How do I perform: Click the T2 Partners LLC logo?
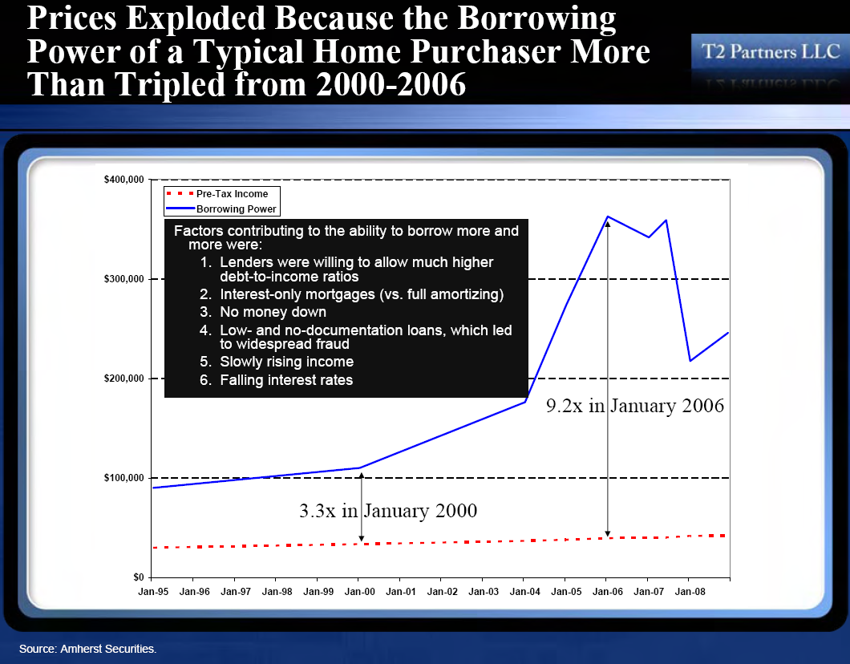point(771,52)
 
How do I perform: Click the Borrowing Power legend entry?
point(221,209)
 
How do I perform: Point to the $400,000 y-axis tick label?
point(124,180)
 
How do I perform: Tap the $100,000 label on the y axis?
point(124,477)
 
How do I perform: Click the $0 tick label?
point(139,577)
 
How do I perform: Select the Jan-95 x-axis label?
point(153,591)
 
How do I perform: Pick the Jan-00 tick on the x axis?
point(360,591)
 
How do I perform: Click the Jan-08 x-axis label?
point(690,591)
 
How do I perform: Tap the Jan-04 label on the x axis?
point(524,591)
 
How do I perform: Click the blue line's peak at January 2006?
point(608,217)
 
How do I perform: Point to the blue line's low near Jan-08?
point(690,360)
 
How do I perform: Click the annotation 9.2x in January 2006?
point(635,406)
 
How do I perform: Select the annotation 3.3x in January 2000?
point(388,511)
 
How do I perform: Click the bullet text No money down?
point(273,312)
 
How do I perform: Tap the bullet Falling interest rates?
point(286,380)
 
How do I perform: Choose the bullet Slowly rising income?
point(287,362)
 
